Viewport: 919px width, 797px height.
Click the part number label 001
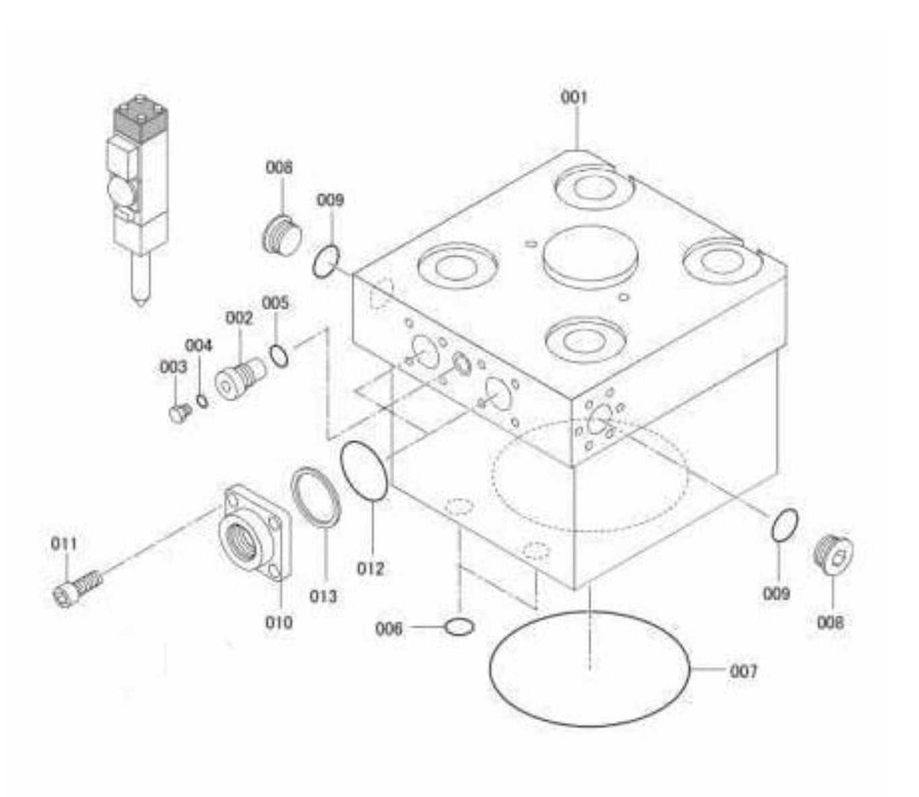coord(574,98)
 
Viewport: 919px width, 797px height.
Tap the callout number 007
coord(743,671)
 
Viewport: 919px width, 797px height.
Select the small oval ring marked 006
coord(459,628)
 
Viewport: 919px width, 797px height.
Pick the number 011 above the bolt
coord(64,543)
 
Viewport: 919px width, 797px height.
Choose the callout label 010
coord(279,621)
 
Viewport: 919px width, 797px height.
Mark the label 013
coord(323,596)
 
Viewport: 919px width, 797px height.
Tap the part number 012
coord(371,568)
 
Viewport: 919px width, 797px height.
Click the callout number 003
coord(173,367)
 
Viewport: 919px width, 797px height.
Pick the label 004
coord(199,346)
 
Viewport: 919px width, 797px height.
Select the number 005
coord(275,302)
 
